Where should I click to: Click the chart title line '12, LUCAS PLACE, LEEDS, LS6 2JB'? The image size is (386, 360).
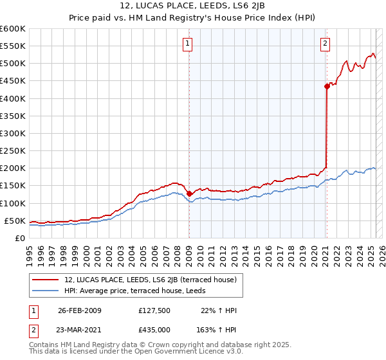pyautogui.click(x=192, y=7)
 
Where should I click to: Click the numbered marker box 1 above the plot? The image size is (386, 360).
pyautogui.click(x=187, y=44)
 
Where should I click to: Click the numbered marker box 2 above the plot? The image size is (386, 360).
pyautogui.click(x=325, y=44)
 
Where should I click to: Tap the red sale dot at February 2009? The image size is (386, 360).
pyautogui.click(x=189, y=194)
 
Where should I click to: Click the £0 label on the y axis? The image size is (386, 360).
pyautogui.click(x=20, y=238)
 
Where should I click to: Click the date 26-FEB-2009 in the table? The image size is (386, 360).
pyautogui.click(x=80, y=310)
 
